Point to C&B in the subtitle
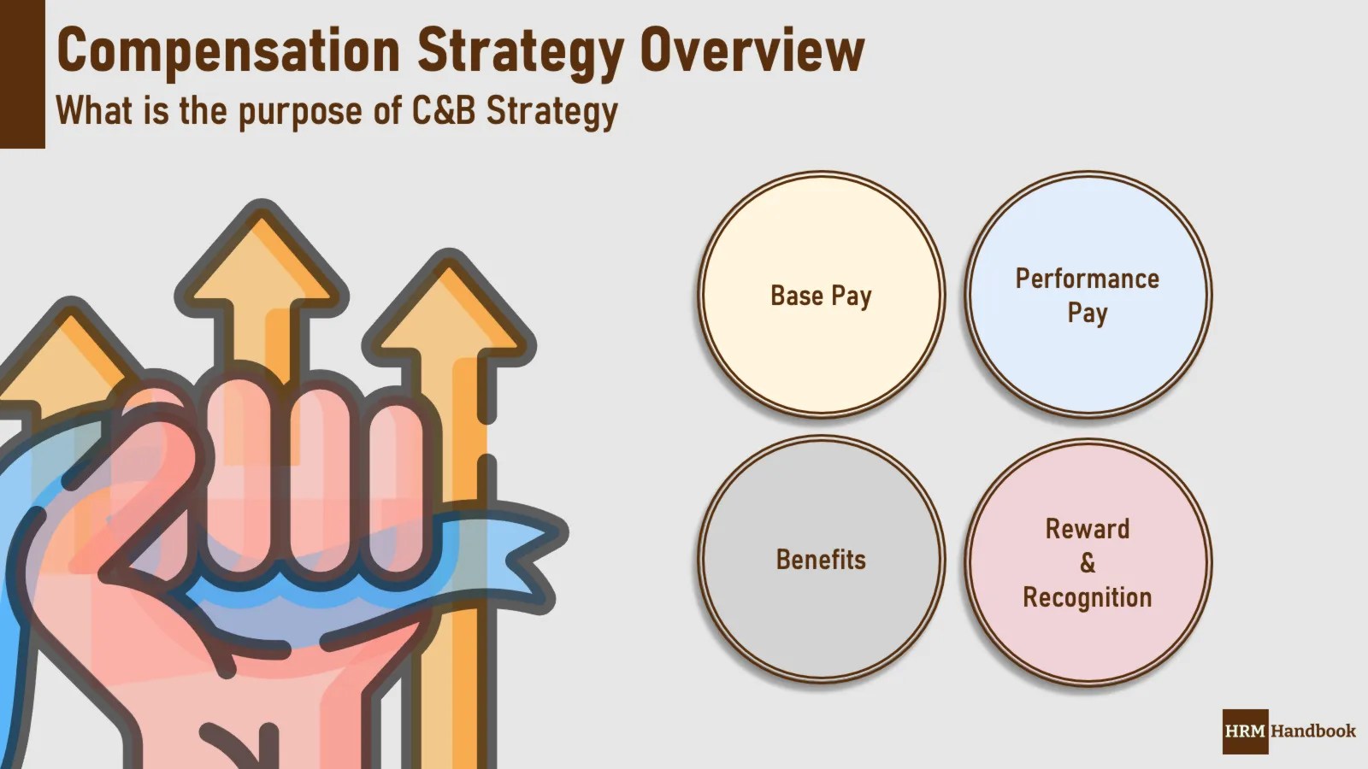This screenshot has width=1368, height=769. (x=443, y=111)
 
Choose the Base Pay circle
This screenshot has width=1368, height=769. (x=821, y=295)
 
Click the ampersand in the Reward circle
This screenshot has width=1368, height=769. (x=1088, y=563)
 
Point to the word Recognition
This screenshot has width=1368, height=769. (x=1088, y=597)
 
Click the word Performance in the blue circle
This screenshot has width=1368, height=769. (x=1088, y=279)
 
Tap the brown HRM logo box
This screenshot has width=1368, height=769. (x=1245, y=731)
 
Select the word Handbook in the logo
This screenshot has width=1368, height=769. (x=1313, y=731)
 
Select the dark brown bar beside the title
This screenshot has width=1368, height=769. (x=22, y=74)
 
